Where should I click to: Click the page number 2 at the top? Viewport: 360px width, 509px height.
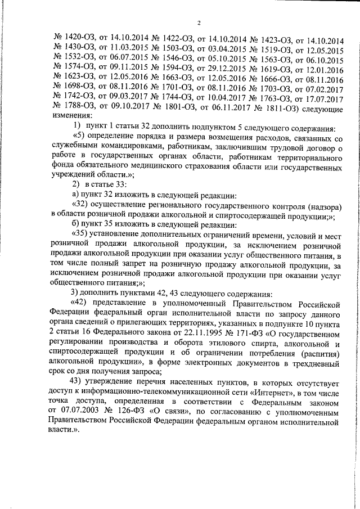point(199,22)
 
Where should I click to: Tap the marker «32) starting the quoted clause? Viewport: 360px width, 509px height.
point(82,205)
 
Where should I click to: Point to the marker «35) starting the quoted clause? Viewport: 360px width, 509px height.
point(82,236)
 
